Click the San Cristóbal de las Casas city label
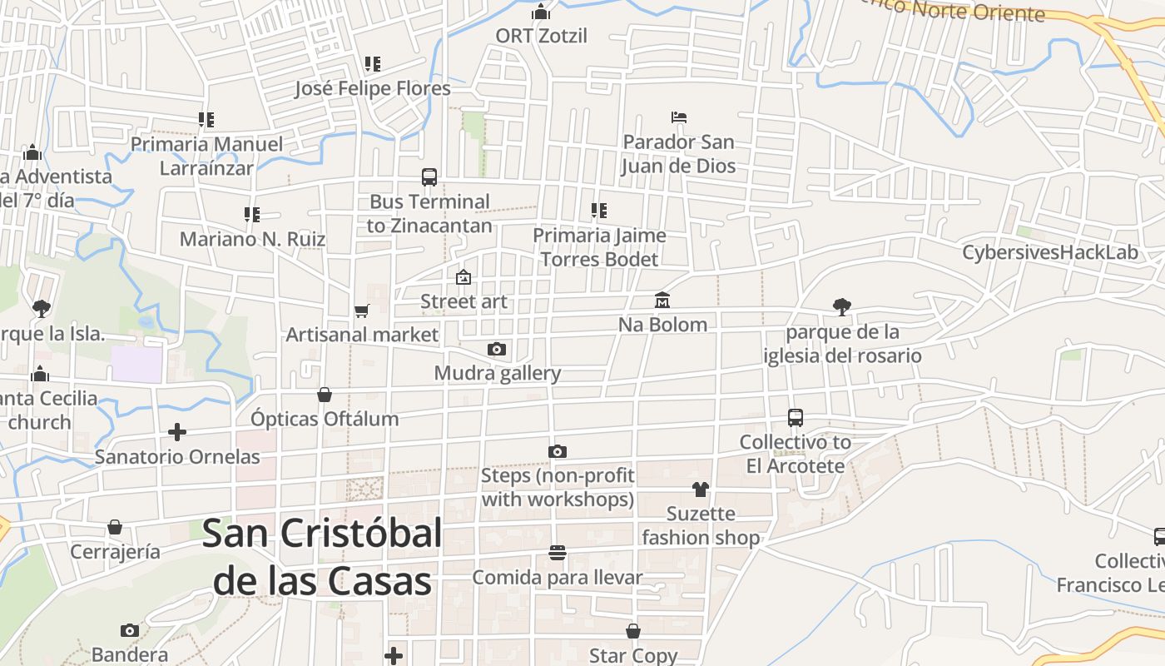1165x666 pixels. click(322, 556)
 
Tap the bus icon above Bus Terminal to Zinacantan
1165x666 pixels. click(429, 176)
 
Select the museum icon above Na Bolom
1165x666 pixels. click(662, 300)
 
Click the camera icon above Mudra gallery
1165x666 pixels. click(497, 349)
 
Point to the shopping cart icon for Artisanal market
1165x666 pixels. click(361, 311)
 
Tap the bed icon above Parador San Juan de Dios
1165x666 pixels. click(679, 117)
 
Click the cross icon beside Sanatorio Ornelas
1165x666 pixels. click(176, 432)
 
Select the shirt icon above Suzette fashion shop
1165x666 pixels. click(701, 489)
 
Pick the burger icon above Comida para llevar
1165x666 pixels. click(558, 553)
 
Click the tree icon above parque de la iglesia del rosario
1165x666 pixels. click(842, 306)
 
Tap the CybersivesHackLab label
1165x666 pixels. click(1050, 252)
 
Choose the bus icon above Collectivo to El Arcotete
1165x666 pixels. click(796, 417)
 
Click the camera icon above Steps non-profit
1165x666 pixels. click(558, 451)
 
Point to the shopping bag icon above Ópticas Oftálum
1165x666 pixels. click(325, 395)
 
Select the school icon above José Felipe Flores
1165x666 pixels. click(372, 63)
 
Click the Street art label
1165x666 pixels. click(464, 301)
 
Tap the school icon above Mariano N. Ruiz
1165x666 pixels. click(252, 215)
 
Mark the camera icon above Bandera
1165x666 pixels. click(129, 630)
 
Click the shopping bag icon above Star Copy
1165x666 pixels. click(633, 631)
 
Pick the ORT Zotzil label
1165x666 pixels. click(541, 36)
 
